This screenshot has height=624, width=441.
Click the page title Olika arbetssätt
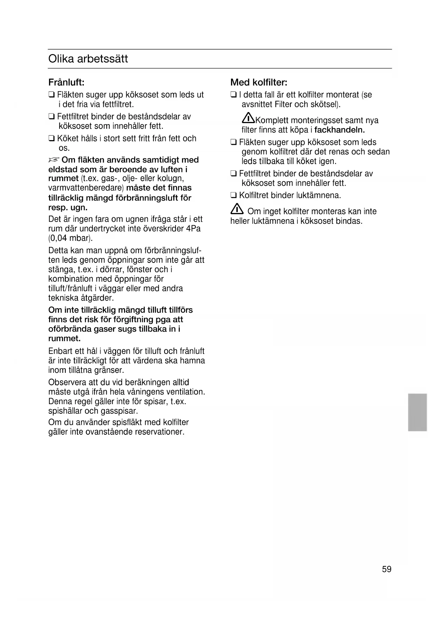pyautogui.click(x=88, y=59)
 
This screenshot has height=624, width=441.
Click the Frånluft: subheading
pyautogui.click(x=66, y=83)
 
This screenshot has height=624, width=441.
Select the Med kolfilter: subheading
pyautogui.click(x=259, y=83)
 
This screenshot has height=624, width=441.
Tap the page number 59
pyautogui.click(x=387, y=569)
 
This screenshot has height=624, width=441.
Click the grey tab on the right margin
pyautogui.click(x=417, y=412)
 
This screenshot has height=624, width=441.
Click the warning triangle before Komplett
pyautogui.click(x=248, y=118)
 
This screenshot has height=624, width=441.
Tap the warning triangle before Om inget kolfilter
pyautogui.click(x=237, y=210)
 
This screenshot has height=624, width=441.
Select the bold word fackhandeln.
pyautogui.click(x=340, y=130)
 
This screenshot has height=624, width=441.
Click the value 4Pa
pyautogui.click(x=193, y=228)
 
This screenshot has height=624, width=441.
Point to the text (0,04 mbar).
pyautogui.click(x=70, y=238)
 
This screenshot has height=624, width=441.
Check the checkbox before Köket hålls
pyautogui.click(x=52, y=139)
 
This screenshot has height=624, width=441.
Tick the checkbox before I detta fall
pyautogui.click(x=233, y=95)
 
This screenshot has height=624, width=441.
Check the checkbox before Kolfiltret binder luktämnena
pyautogui.click(x=233, y=195)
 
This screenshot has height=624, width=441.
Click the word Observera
pyautogui.click(x=67, y=382)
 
